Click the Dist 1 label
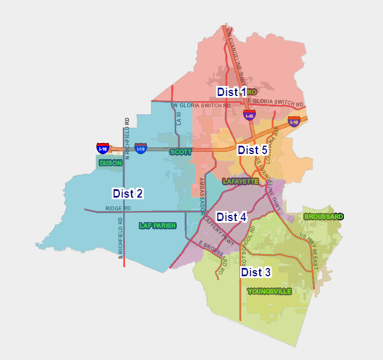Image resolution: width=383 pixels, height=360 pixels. [231, 92]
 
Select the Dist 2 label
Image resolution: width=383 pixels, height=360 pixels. [128, 194]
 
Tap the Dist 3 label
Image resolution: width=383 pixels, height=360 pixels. [255, 272]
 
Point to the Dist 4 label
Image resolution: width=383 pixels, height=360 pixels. [231, 217]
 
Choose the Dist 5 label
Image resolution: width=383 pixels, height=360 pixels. [252, 150]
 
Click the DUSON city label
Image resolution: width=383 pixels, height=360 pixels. [110, 163]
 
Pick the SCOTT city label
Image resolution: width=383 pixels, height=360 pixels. [181, 152]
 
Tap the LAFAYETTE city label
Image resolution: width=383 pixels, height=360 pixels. [240, 181]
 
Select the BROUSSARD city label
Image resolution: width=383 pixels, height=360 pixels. [323, 217]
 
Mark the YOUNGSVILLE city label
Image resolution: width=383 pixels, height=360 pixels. [269, 291]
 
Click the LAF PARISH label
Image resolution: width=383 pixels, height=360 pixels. [157, 225]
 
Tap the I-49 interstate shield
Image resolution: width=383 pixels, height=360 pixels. [249, 116]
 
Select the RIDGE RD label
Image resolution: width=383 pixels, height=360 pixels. [118, 208]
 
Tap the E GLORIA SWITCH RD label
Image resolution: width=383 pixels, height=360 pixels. [275, 102]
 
